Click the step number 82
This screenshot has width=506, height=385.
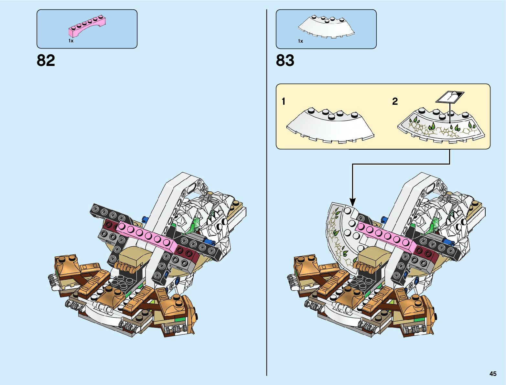tap(46, 60)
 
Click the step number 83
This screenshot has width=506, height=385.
tap(285, 60)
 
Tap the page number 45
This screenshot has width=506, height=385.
tap(493, 374)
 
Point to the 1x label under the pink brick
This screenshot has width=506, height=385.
tap(71, 41)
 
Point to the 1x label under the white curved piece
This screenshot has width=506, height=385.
tap(300, 41)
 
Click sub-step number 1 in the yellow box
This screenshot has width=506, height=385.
tap(284, 102)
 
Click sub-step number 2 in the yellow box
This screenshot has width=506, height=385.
tap(395, 102)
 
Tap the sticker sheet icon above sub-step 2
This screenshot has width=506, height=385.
tap(450, 96)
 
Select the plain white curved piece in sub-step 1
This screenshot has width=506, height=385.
tap(330, 126)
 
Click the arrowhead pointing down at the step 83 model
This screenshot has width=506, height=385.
tap(352, 202)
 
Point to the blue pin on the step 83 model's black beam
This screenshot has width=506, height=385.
tap(449, 241)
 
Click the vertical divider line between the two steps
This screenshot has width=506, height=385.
tap(267, 194)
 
